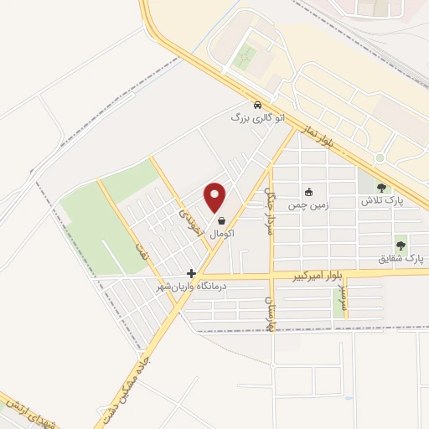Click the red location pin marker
(215, 196)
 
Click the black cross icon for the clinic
(192, 272)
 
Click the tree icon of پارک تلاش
(381, 189)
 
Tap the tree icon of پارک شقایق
(401, 246)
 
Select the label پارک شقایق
(401, 259)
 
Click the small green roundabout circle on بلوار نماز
(380, 158)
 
